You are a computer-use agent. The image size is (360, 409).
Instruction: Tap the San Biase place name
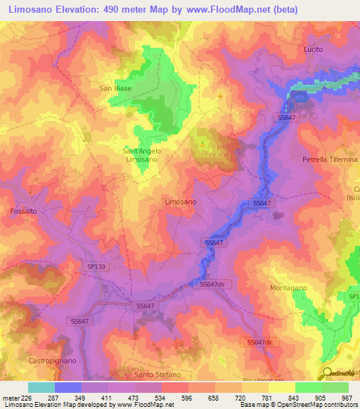pyautogui.click(x=115, y=89)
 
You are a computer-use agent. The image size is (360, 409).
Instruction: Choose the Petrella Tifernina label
pyautogui.click(x=329, y=160)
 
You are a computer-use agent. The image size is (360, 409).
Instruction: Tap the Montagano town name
pyautogui.click(x=289, y=288)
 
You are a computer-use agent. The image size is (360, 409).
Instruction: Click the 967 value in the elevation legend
pyautogui.click(x=348, y=397)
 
